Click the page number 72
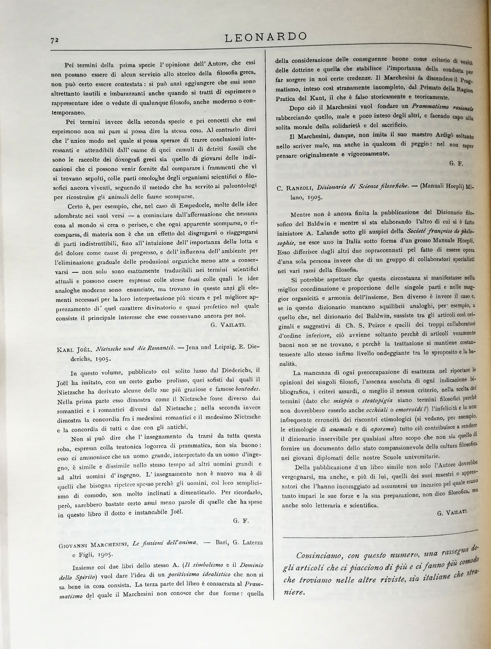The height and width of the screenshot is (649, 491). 54,40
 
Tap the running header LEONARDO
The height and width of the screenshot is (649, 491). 266,37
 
